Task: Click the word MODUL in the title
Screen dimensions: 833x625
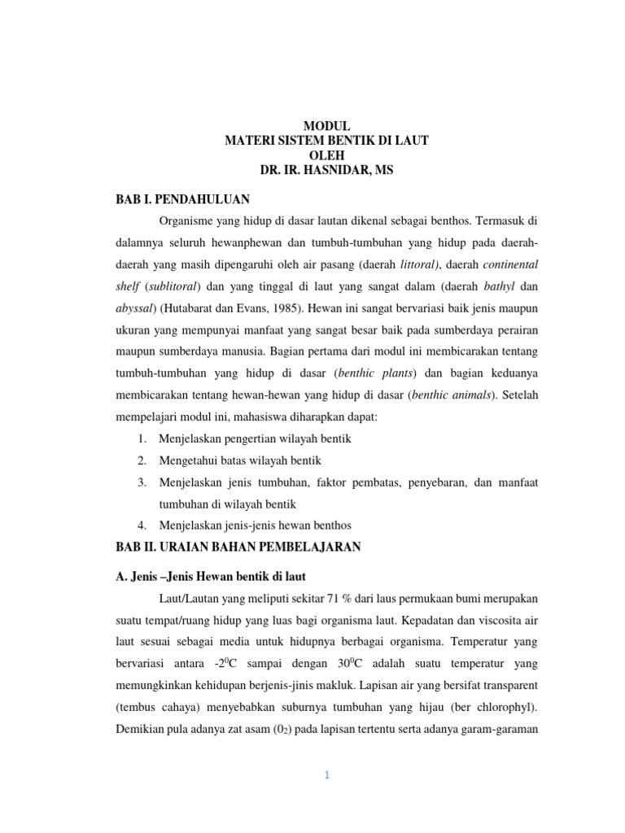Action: point(326,126)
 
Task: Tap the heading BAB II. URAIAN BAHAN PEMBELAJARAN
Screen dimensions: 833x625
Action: point(238,547)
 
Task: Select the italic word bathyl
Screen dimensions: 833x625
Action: point(500,286)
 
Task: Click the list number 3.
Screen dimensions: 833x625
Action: point(142,482)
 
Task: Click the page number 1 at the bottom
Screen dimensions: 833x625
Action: point(326,775)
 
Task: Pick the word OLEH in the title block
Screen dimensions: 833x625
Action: point(326,155)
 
